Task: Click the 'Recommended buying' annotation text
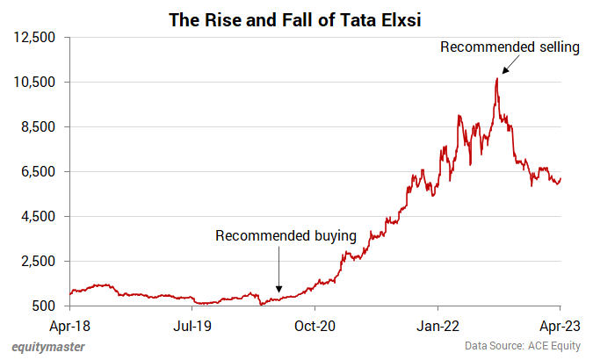pos(286,235)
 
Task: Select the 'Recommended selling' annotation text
pos(510,47)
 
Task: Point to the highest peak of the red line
pos(497,78)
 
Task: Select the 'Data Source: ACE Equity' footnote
pos(524,347)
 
